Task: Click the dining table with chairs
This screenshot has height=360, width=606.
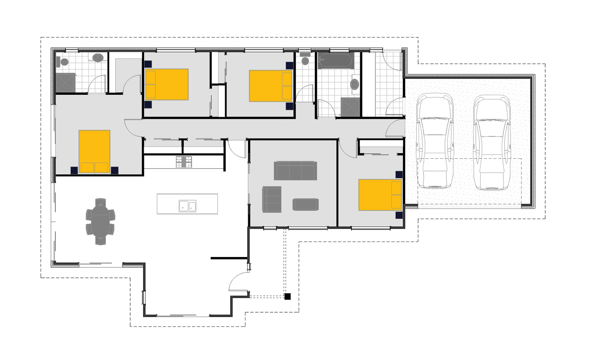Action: [101, 221]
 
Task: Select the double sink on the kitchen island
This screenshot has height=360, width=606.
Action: [187, 206]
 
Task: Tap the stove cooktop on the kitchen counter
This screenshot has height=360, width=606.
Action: [184, 162]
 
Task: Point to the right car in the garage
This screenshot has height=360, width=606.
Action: [492, 142]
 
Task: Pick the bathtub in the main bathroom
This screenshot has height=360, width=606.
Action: [335, 61]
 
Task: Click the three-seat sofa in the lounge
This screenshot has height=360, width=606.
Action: [296, 171]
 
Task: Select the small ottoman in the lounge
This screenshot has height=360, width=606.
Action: [305, 204]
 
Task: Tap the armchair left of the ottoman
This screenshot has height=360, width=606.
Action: [272, 199]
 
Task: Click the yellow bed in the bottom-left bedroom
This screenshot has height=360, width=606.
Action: [94, 151]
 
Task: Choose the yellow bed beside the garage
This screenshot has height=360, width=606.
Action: [380, 195]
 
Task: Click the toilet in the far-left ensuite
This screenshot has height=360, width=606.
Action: [62, 62]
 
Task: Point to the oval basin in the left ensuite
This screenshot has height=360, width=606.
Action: [98, 58]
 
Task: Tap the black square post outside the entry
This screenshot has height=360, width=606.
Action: [288, 296]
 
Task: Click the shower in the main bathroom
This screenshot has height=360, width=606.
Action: [350, 107]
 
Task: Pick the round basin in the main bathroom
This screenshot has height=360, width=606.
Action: [355, 84]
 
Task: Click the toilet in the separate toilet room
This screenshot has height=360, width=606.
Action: [305, 60]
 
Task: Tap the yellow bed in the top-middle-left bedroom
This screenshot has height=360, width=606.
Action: [167, 84]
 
